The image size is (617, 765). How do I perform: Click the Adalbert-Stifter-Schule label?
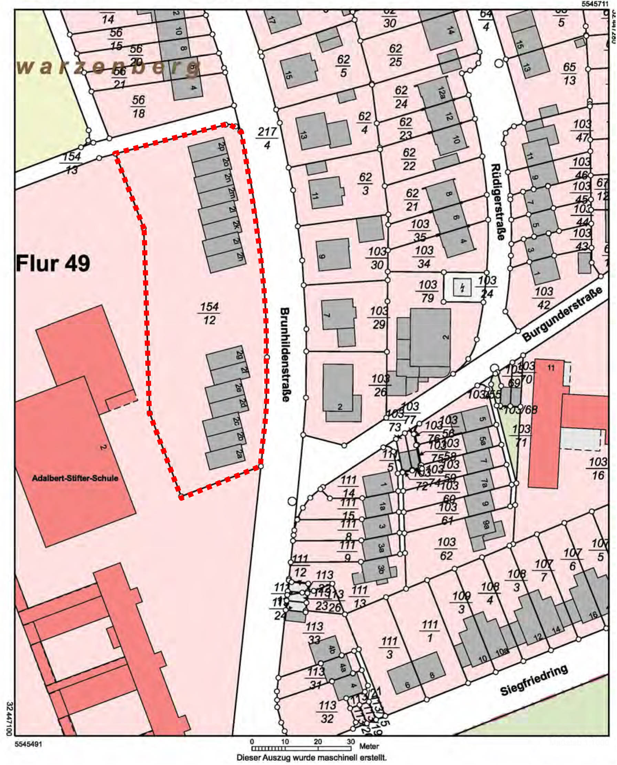tap(75, 478)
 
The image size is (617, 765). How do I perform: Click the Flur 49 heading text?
tap(53, 263)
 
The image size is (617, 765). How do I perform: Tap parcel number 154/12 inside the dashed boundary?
tap(209, 313)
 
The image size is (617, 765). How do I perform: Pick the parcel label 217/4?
tap(267, 138)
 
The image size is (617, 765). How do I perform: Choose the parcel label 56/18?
tap(138, 107)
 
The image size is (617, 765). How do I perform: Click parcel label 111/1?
tap(429, 631)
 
